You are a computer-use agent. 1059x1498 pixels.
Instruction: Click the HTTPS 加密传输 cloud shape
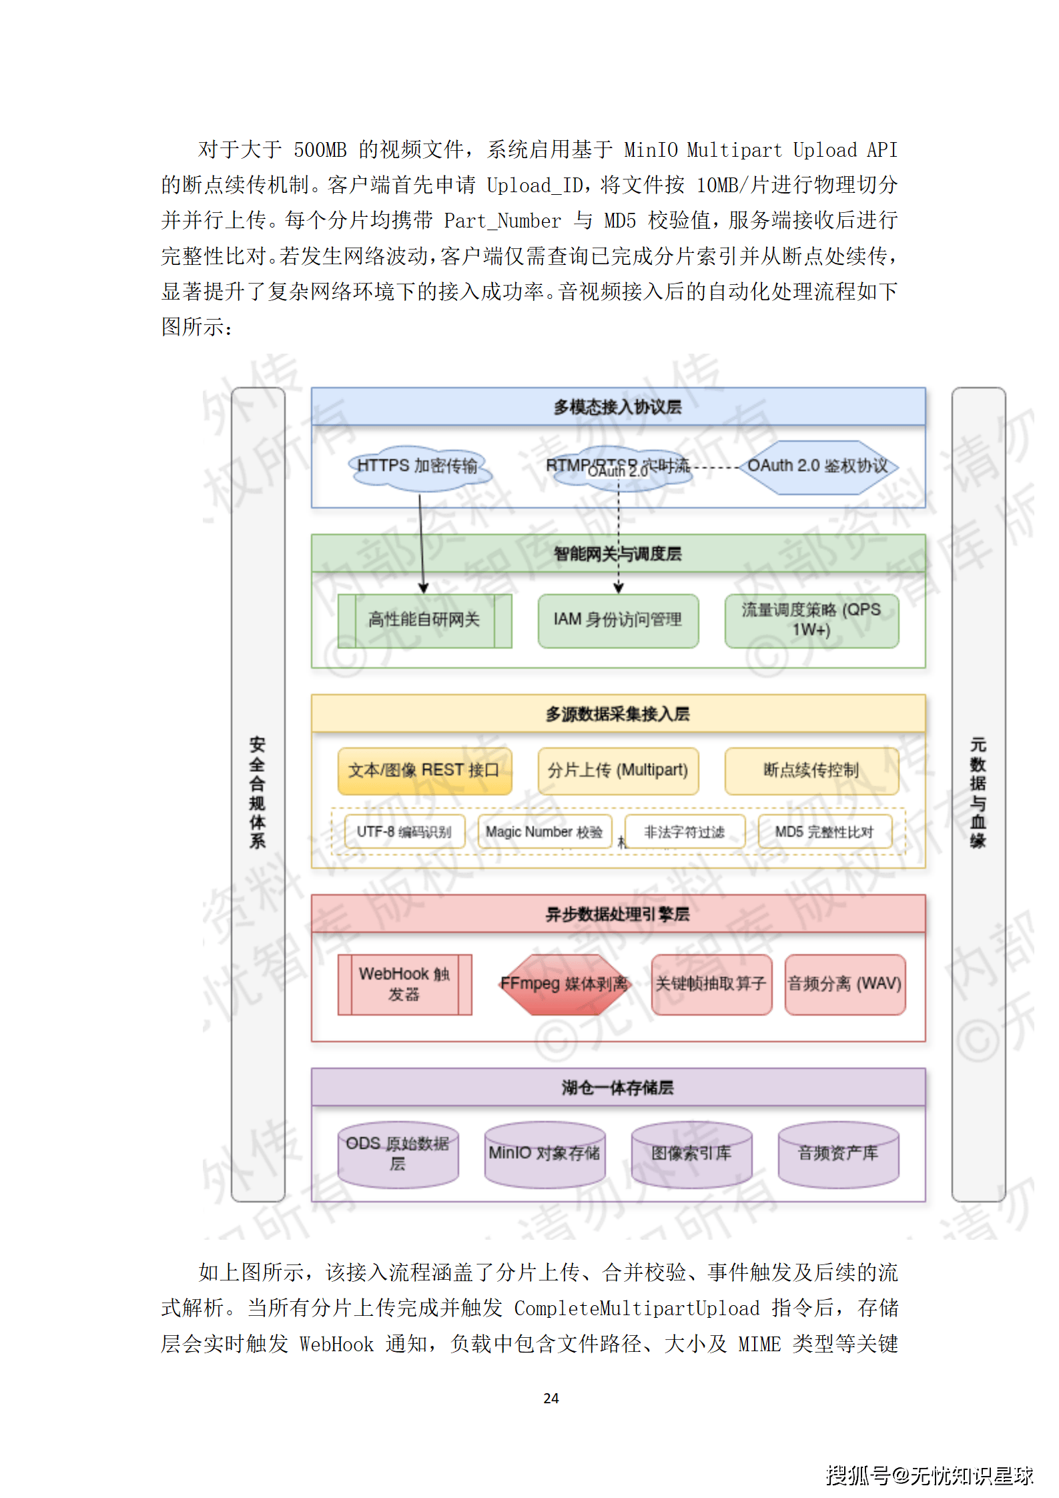point(419,466)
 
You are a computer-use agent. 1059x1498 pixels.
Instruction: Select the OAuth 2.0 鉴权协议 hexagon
point(817,466)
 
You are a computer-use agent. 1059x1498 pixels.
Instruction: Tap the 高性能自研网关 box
point(424,620)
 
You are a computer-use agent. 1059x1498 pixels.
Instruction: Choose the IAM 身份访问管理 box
point(617,620)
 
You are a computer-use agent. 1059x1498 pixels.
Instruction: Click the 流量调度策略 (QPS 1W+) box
point(811,620)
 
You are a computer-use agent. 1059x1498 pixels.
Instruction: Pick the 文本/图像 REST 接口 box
point(424,771)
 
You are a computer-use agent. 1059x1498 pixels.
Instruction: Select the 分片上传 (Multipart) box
point(617,771)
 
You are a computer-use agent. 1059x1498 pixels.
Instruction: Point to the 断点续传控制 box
point(811,771)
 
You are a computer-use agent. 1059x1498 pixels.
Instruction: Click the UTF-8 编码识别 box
point(404,832)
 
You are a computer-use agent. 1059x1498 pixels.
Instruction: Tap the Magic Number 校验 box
point(544,832)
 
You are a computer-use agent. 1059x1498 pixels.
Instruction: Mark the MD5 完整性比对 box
point(824,832)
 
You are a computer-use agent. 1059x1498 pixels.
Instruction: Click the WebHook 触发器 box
point(404,984)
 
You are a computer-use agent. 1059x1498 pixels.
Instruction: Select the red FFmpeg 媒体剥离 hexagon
point(565,984)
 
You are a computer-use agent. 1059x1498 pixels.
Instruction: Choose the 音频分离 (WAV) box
point(844,984)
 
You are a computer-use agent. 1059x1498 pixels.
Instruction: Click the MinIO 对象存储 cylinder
point(545,1154)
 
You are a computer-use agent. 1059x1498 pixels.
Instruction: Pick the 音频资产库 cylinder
point(838,1154)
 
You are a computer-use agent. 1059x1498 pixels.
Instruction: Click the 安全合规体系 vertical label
point(258,793)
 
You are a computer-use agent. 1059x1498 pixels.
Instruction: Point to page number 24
point(551,1398)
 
